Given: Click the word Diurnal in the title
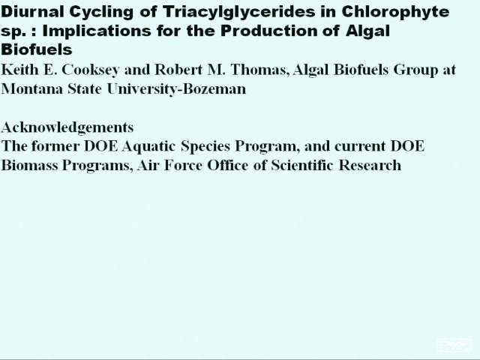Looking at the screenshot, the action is coord(32,12).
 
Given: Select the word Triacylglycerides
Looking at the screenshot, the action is coord(238,13).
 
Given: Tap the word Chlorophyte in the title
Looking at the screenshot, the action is coord(395,13).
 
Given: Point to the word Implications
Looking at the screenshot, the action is coord(97,31).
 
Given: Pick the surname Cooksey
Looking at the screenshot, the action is coord(91,70).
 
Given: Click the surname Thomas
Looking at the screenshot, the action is coord(260,70).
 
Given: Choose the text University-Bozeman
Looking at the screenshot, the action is coord(176,90).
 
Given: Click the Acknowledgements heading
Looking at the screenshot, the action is coord(67,127).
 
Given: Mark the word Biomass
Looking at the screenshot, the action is coord(30,165).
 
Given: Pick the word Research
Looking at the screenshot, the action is coord(370,165).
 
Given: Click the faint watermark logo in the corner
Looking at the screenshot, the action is coord(454,345).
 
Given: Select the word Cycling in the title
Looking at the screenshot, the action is coord(101,13).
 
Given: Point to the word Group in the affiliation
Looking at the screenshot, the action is coord(415,70).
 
